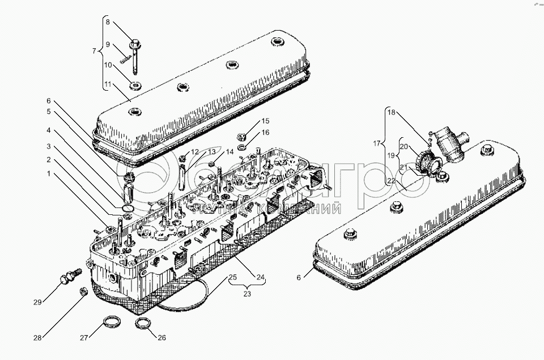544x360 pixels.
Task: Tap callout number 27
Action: (83, 338)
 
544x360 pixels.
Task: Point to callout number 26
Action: (161, 338)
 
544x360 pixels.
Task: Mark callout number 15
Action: (266, 122)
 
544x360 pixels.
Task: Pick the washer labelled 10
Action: (135, 86)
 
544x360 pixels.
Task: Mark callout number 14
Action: (229, 152)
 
